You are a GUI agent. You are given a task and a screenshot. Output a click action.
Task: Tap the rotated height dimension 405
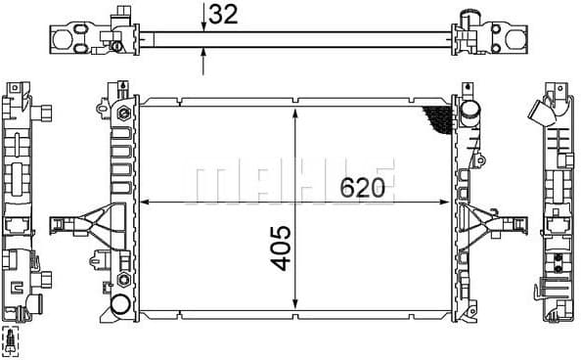(280, 248)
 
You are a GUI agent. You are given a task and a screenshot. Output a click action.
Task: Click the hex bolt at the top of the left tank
(124, 113)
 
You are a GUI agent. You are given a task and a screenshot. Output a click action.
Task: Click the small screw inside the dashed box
(11, 340)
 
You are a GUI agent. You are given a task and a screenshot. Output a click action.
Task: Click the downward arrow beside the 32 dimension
(203, 23)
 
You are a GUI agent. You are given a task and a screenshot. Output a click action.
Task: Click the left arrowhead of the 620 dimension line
(146, 202)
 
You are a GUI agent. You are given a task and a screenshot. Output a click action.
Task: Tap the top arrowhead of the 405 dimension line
(295, 107)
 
